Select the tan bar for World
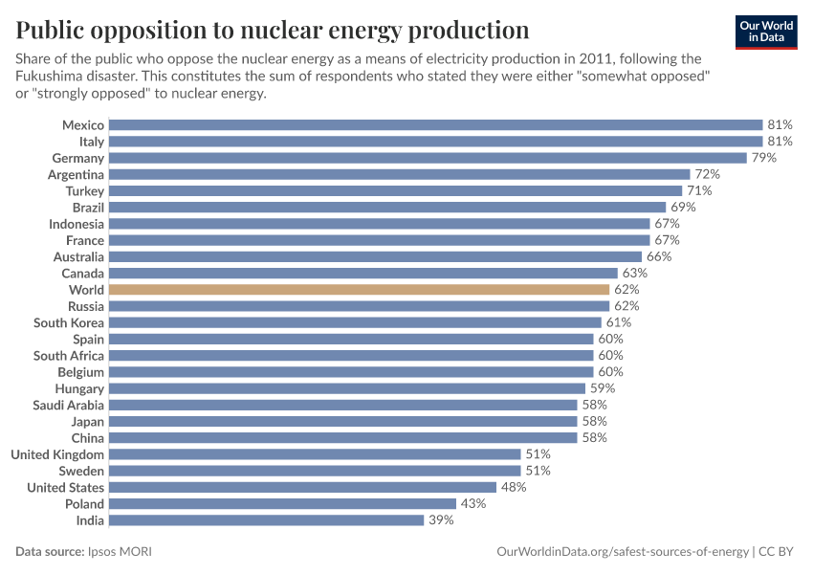[359, 289]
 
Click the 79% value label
[762, 158]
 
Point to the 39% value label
[440, 520]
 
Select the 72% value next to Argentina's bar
[706, 174]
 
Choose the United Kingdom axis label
[57, 454]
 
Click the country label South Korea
[69, 322]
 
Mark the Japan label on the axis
[87, 421]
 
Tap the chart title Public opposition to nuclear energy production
[273, 29]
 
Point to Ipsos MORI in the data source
[119, 552]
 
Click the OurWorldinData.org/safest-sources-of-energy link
[623, 552]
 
